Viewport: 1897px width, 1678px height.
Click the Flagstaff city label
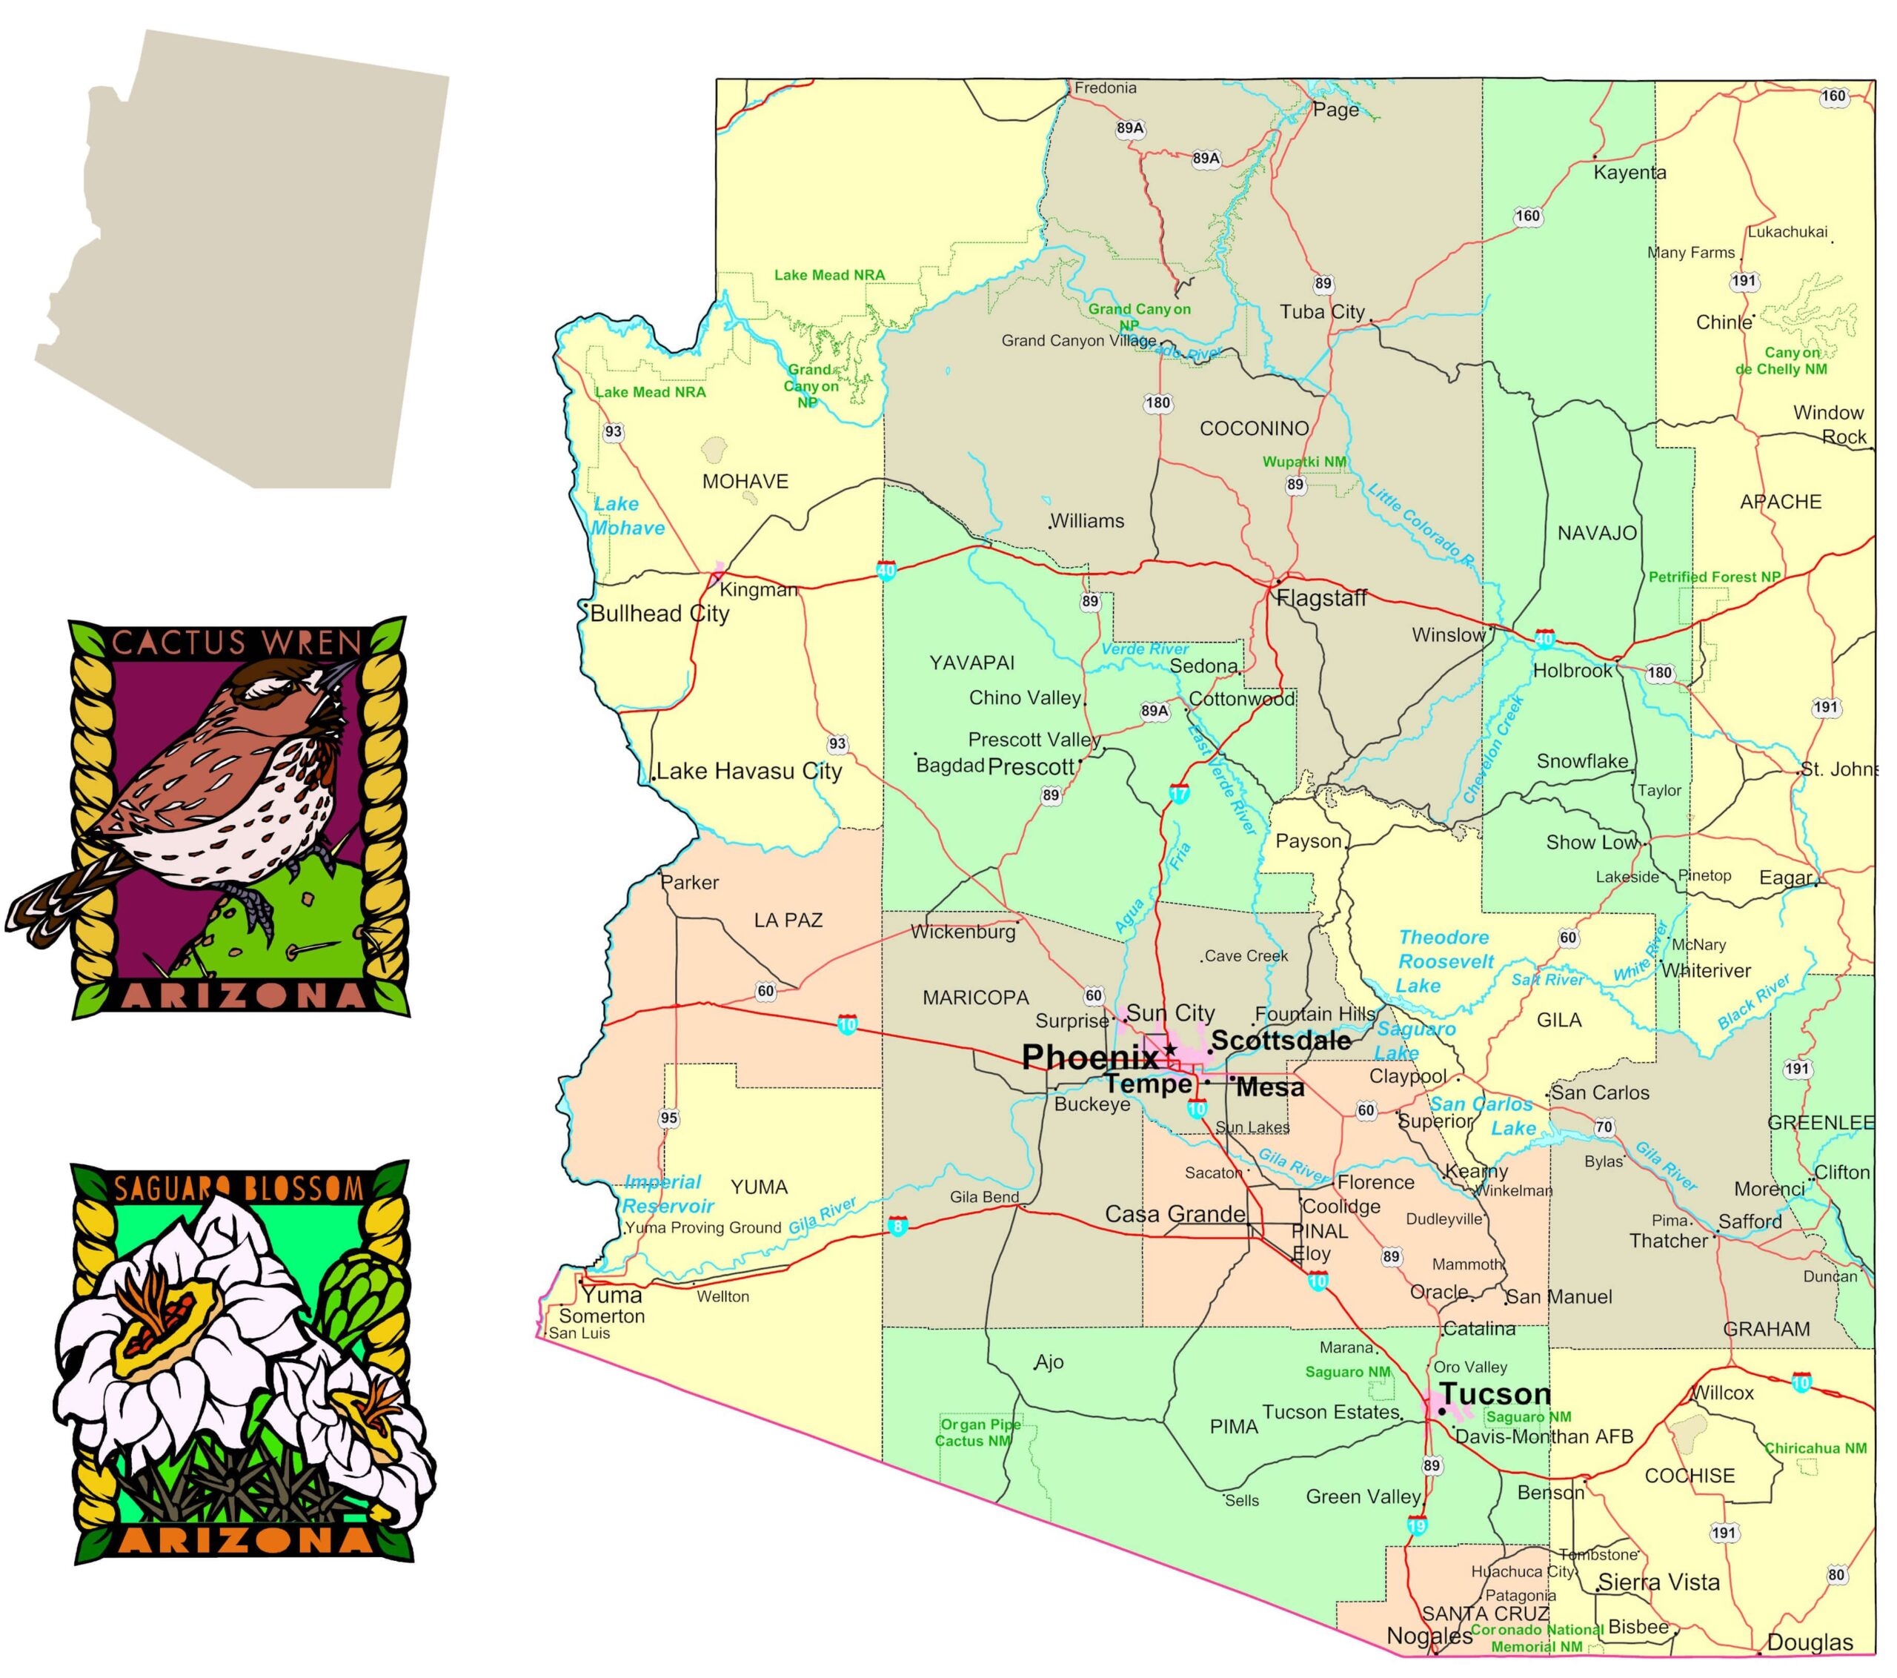point(1321,599)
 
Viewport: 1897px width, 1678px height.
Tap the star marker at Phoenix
point(1172,1049)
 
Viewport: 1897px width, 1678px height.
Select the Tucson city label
point(1495,1394)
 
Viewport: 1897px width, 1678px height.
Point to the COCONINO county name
point(1254,429)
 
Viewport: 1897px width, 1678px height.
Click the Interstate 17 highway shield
point(1179,794)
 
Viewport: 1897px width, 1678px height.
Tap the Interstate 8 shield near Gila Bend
point(897,1226)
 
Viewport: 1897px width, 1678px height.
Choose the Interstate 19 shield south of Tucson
point(1416,1526)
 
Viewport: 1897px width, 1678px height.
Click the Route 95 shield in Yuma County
point(669,1118)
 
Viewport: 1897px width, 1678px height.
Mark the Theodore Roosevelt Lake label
point(1445,961)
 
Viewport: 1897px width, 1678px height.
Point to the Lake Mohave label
point(628,516)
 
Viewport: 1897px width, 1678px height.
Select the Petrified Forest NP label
point(1714,577)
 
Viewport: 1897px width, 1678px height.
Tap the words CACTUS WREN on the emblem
point(236,643)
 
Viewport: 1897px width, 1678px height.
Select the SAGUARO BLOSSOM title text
point(239,1187)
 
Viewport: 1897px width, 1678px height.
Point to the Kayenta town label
point(1629,173)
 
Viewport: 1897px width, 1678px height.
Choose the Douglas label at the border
point(1810,1642)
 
